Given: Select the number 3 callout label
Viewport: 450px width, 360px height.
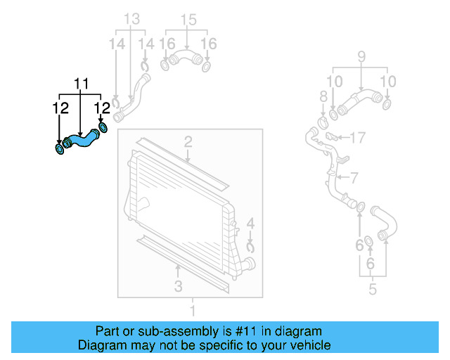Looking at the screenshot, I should [x=178, y=285].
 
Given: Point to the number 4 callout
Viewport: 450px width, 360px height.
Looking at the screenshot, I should [x=250, y=226].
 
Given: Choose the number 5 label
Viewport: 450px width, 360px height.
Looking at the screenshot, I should [x=372, y=288].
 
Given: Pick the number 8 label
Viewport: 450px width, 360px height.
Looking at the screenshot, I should [x=323, y=96].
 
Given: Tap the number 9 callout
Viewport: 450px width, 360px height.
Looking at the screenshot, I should [x=361, y=56].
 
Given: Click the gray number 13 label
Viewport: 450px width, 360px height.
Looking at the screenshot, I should [x=131, y=20].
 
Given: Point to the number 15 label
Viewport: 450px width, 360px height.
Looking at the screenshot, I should [x=187, y=20].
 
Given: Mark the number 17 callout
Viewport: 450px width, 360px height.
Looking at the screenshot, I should [x=358, y=138].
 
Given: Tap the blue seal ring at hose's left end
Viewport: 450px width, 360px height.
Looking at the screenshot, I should [x=59, y=149].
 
